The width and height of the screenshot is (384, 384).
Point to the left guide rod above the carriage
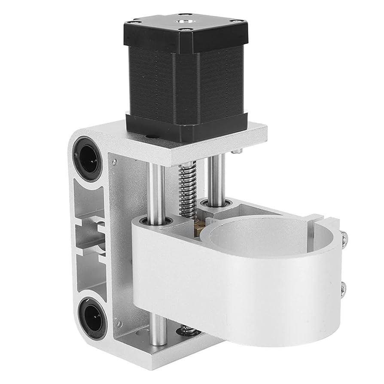pyautogui.click(x=155, y=189)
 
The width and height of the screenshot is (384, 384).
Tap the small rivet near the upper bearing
pyautogui.click(x=115, y=162)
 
